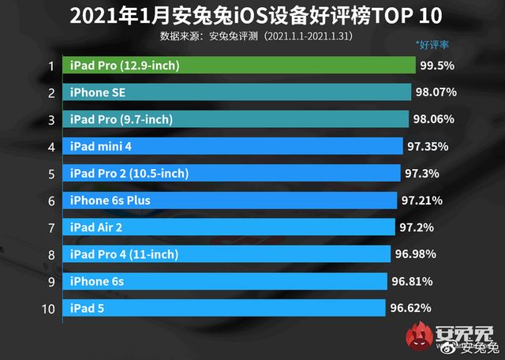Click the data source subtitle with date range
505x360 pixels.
click(x=255, y=36)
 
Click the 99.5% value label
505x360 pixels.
click(x=438, y=66)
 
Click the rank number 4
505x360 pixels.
click(x=50, y=147)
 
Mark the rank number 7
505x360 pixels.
click(x=50, y=227)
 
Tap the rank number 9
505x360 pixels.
click(x=50, y=281)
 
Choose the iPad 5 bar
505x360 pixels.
click(x=224, y=308)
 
